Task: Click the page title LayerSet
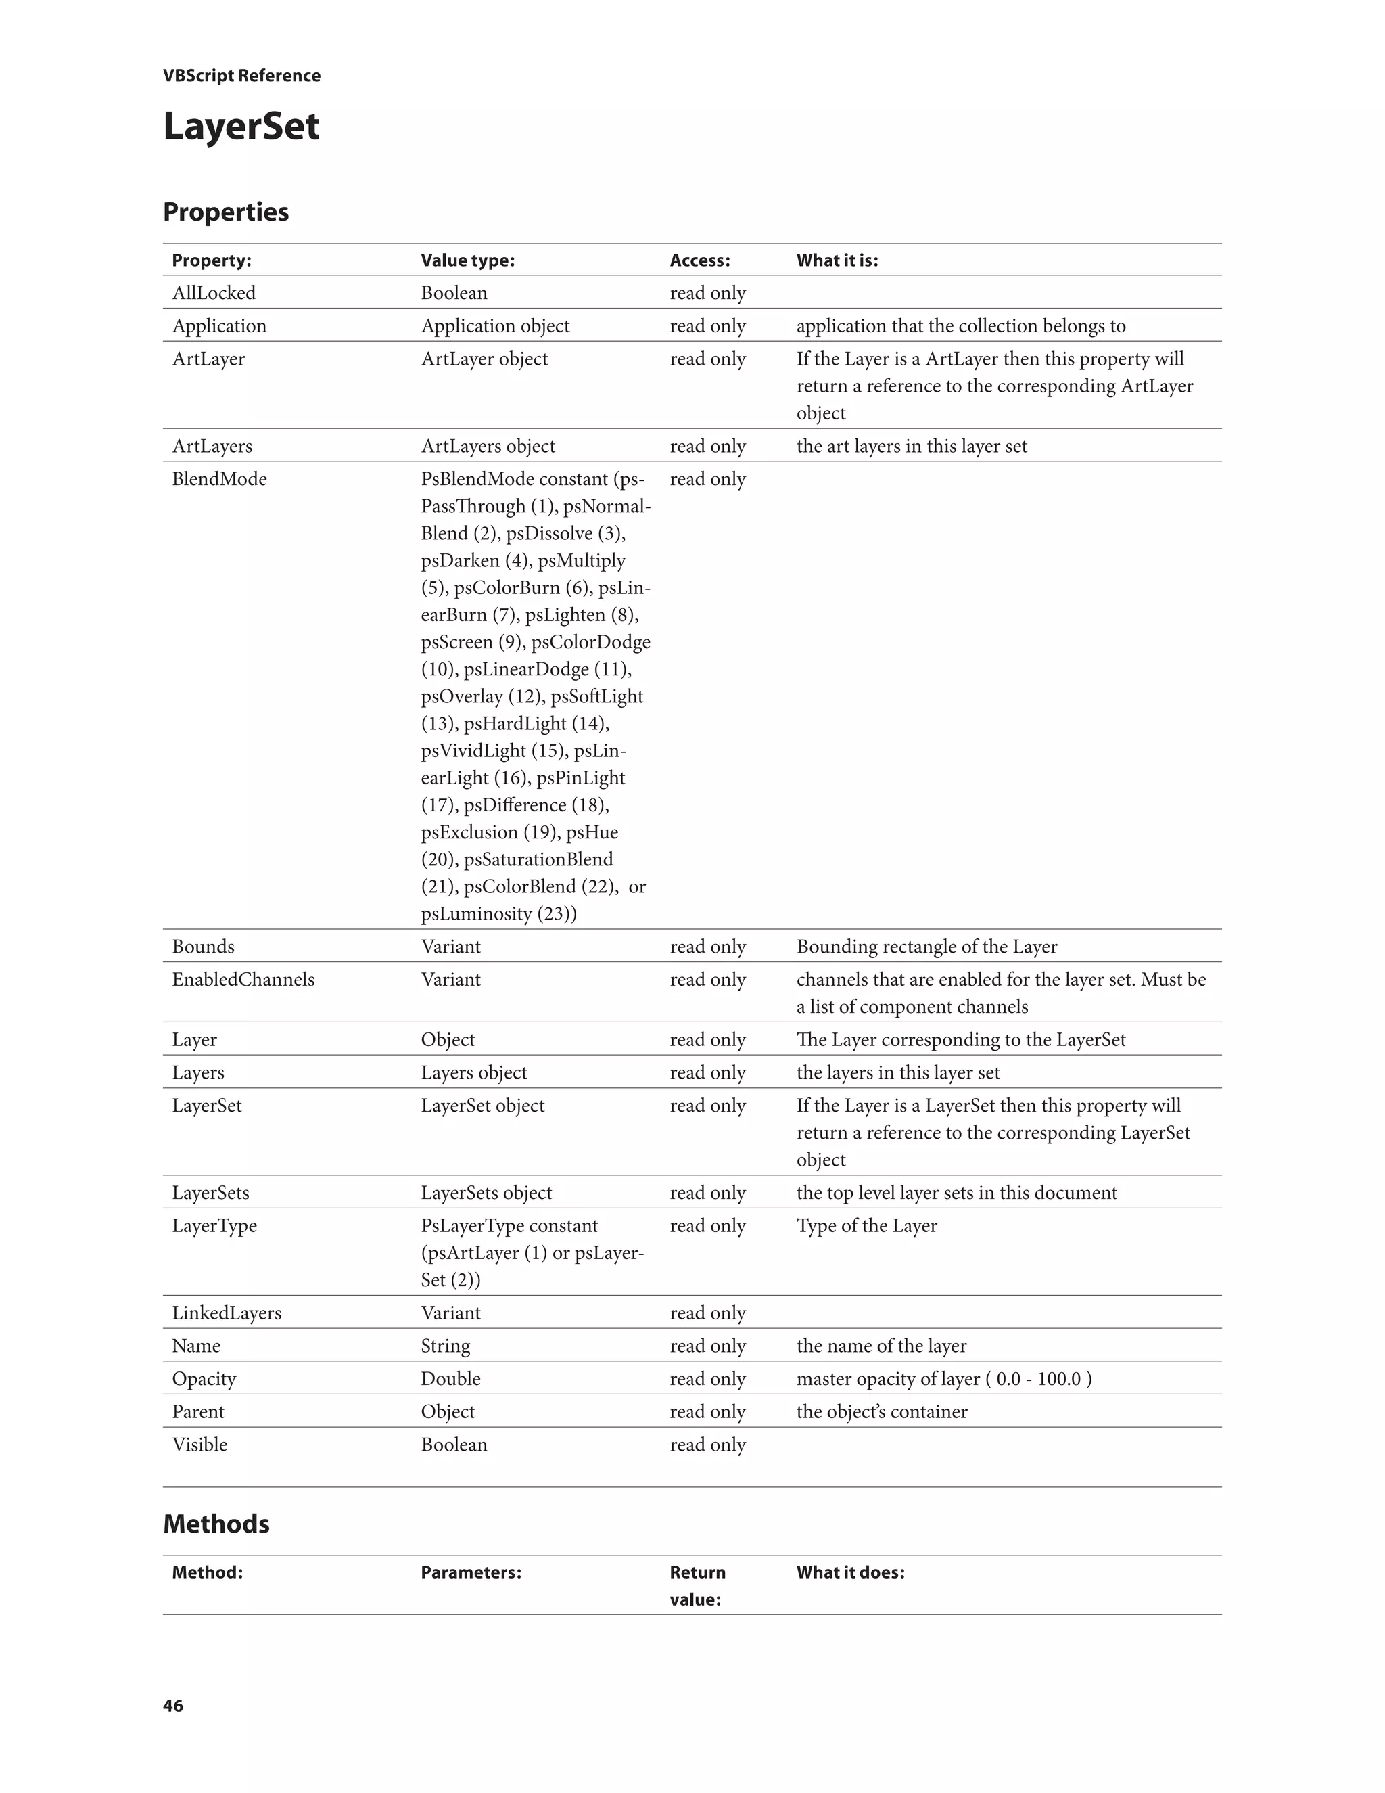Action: tap(241, 127)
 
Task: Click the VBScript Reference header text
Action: tap(241, 76)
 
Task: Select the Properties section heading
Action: tap(226, 212)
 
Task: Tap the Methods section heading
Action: tap(216, 1524)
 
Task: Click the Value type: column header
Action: tap(468, 260)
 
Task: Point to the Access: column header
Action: tap(699, 260)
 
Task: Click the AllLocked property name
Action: tap(213, 293)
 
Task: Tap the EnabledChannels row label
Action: tap(243, 980)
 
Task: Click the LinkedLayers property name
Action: tap(227, 1313)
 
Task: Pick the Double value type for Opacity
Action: tap(450, 1378)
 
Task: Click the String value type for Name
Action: tap(446, 1346)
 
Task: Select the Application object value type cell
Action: tap(495, 326)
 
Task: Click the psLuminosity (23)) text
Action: tap(498, 913)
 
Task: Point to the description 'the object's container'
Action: tap(881, 1411)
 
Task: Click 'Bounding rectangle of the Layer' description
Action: tap(926, 947)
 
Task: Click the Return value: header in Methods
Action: tap(697, 1585)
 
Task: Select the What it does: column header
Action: tap(850, 1572)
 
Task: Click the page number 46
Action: tap(173, 1706)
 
